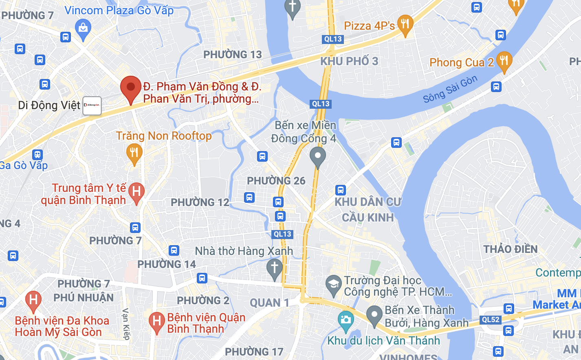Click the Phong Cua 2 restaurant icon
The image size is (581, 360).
pyautogui.click(x=504, y=61)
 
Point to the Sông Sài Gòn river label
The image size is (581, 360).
pyautogui.click(x=450, y=90)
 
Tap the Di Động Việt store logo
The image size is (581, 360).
pyautogui.click(x=92, y=105)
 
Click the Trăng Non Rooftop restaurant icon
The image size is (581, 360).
pyautogui.click(x=134, y=153)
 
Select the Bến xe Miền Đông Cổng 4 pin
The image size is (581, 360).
pyautogui.click(x=318, y=156)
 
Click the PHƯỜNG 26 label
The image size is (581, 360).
pyautogui.click(x=276, y=181)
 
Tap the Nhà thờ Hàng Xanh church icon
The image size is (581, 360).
pyautogui.click(x=274, y=268)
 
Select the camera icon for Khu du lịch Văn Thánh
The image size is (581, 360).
pyautogui.click(x=346, y=319)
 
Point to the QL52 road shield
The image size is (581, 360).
pyautogui.click(x=491, y=320)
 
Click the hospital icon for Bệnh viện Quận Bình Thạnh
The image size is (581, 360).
pyautogui.click(x=156, y=321)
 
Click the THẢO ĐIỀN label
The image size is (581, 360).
pyautogui.click(x=510, y=249)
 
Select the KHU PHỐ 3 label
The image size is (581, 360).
pyautogui.click(x=349, y=61)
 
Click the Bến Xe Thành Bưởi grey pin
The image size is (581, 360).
pyautogui.click(x=374, y=315)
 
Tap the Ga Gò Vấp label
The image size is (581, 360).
pyautogui.click(x=24, y=165)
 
